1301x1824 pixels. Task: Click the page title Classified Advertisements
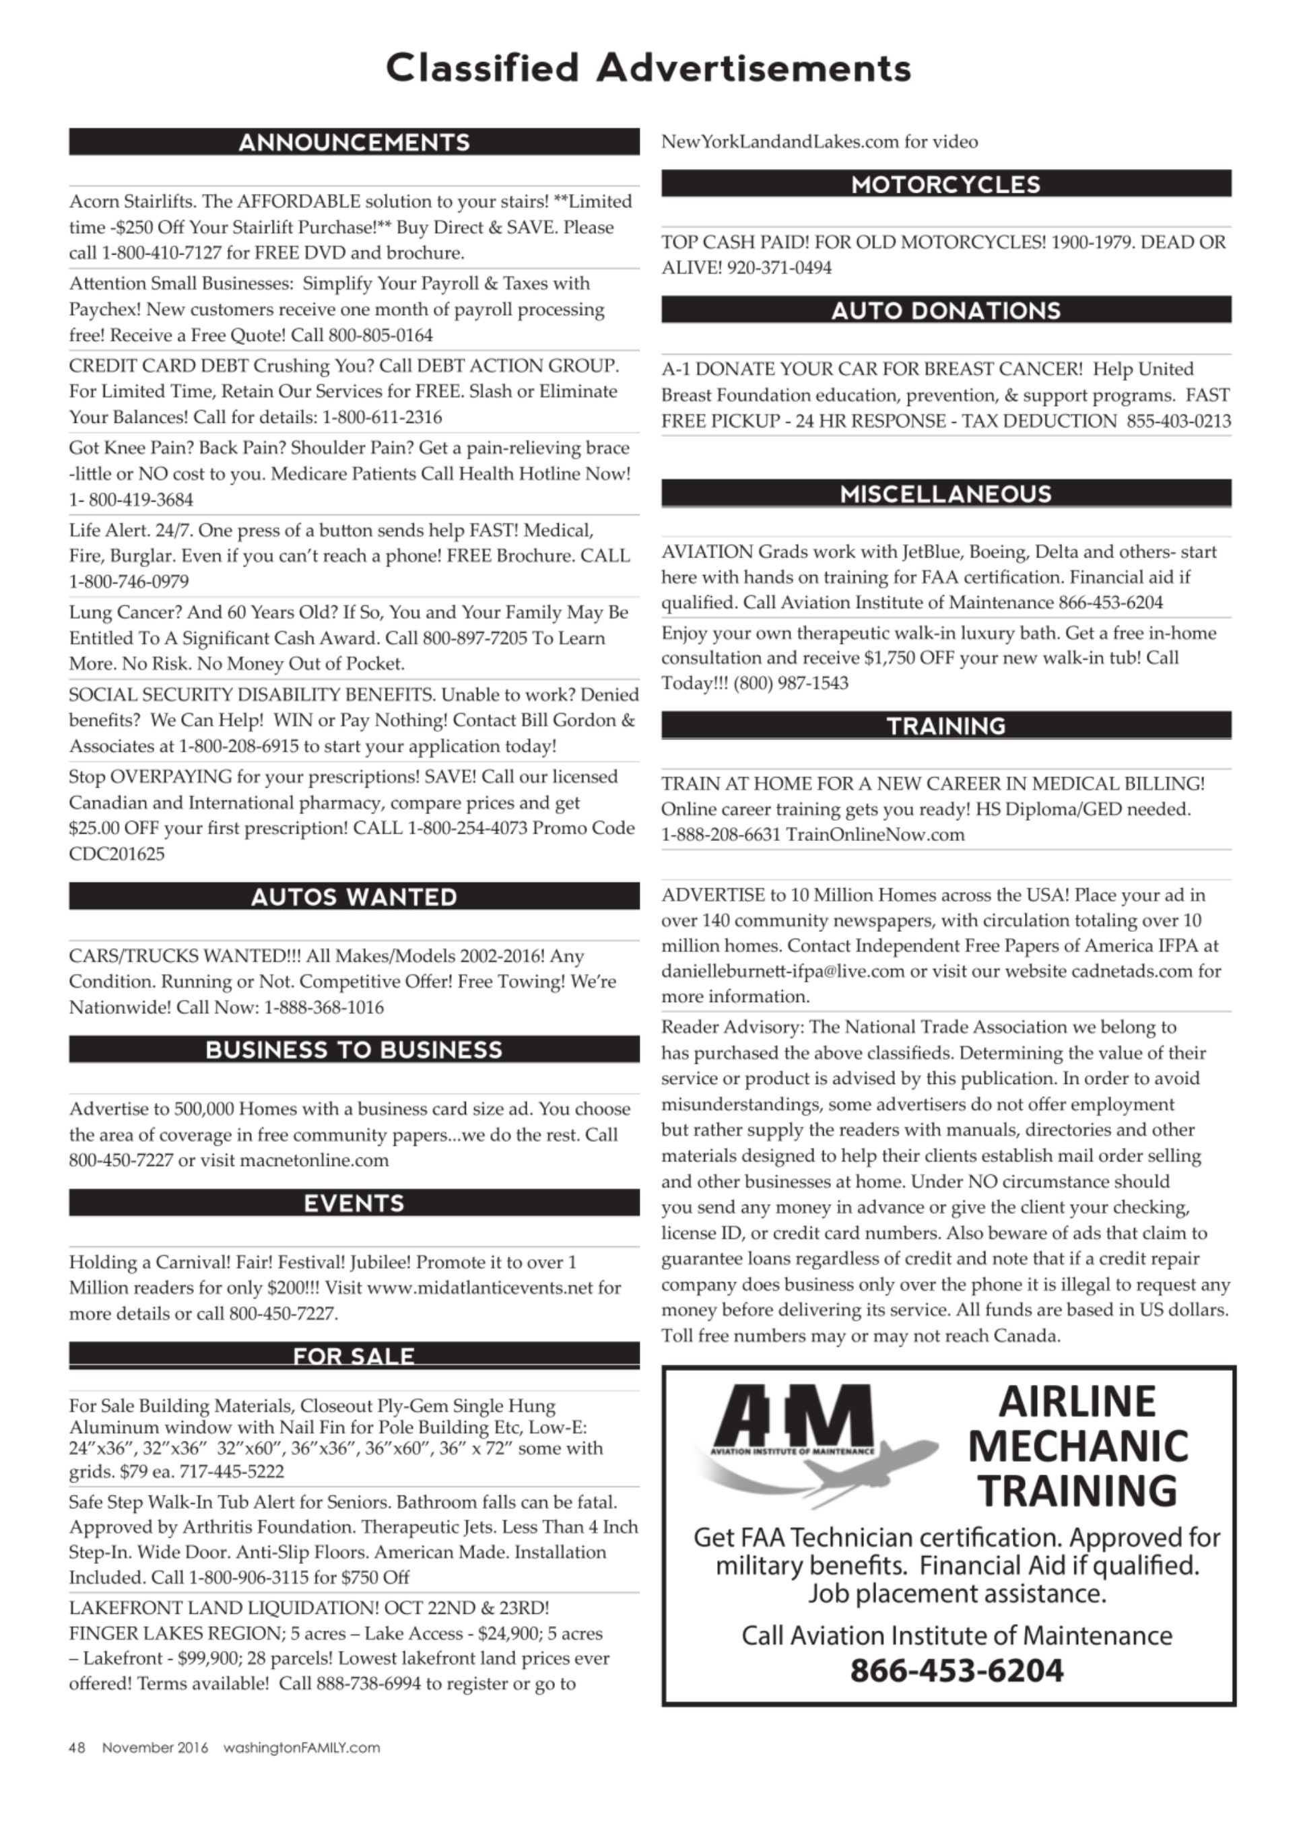click(649, 68)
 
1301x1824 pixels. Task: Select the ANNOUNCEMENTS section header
click(354, 143)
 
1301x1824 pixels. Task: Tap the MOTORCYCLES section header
click(946, 184)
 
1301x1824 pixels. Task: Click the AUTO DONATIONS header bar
click(946, 310)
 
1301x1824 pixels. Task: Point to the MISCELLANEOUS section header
click(946, 494)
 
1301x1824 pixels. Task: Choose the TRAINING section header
click(946, 726)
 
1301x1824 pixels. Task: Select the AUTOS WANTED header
click(354, 896)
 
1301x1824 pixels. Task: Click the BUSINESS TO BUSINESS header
click(354, 1050)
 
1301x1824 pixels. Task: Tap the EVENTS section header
click(354, 1203)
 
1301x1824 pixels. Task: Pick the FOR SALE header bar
click(354, 1355)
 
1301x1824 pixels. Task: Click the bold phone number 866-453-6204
click(956, 1670)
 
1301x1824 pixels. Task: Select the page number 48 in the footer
click(77, 1747)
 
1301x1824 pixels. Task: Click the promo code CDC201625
click(117, 854)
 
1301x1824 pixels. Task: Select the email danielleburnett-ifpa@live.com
click(782, 972)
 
